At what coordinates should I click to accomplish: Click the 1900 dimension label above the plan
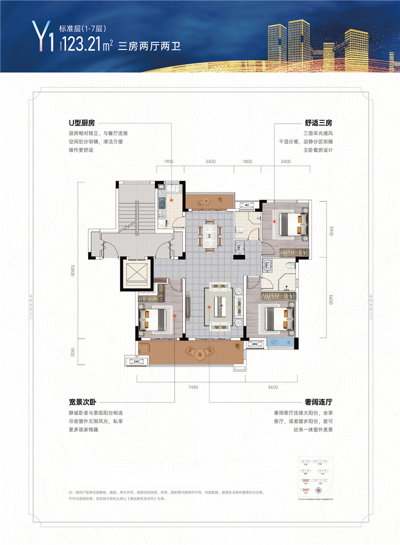click(168, 162)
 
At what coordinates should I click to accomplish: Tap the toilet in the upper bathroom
click(239, 229)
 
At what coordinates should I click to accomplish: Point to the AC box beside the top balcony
click(246, 205)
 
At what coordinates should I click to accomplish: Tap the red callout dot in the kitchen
click(171, 199)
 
